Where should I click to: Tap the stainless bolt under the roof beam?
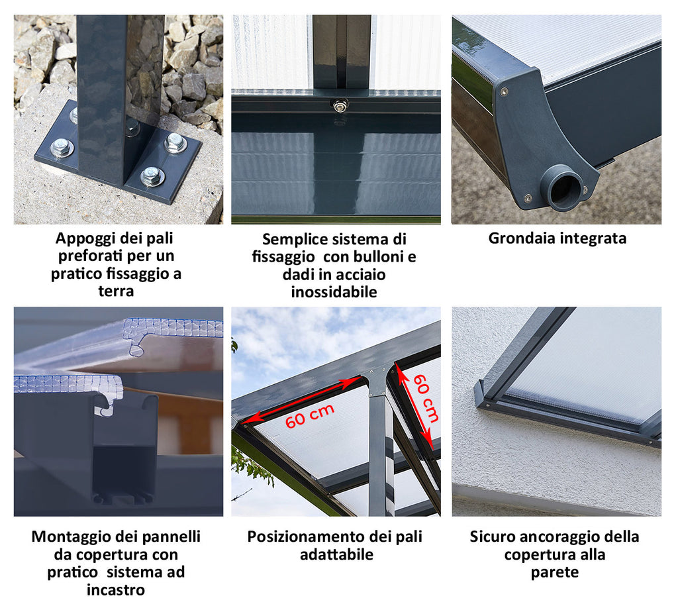coord(340,104)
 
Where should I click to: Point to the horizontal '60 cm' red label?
coord(310,416)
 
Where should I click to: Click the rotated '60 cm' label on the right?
coord(426,398)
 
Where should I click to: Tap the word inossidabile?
coord(334,292)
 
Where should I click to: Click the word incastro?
coord(115,589)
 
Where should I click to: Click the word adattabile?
coord(336,554)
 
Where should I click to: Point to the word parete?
coord(554,572)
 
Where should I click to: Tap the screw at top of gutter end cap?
coord(504,91)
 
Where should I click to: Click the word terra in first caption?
coord(116,291)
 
